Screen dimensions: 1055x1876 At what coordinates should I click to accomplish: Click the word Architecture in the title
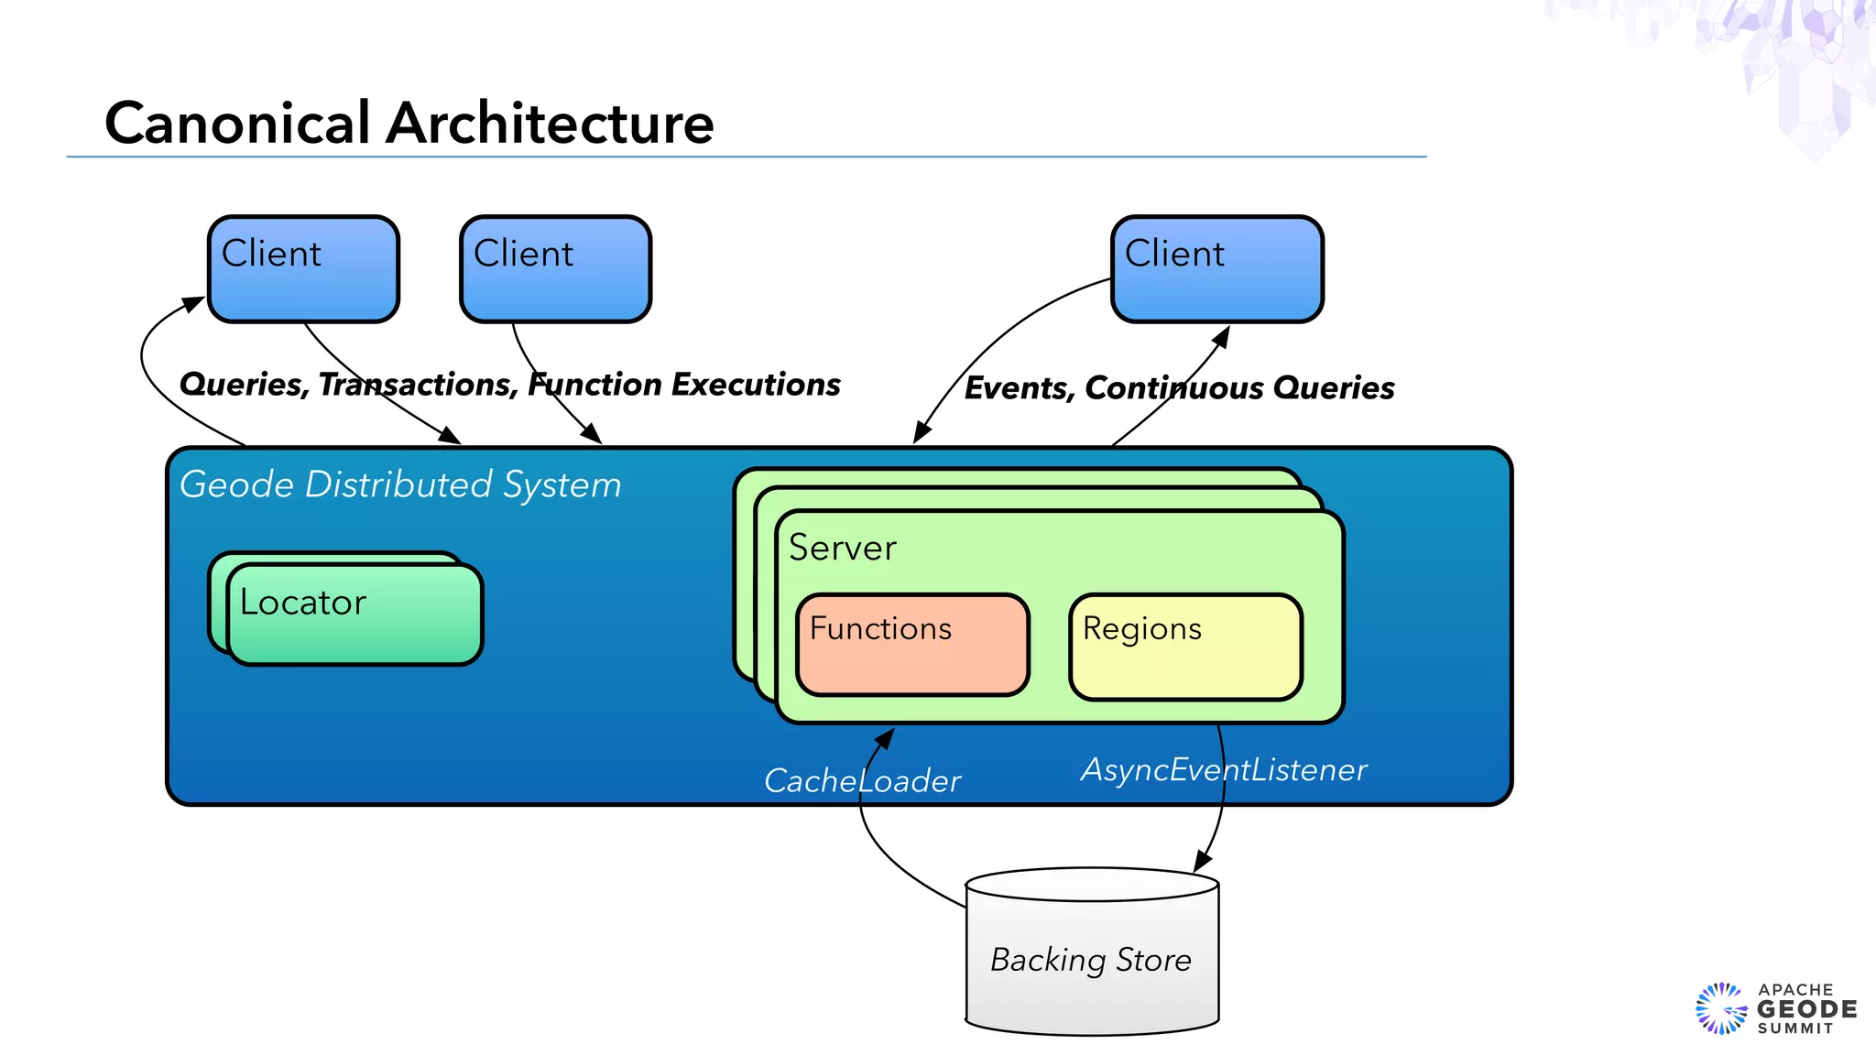point(550,124)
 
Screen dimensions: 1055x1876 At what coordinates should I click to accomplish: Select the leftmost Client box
point(303,269)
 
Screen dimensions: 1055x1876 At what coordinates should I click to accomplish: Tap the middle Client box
point(555,269)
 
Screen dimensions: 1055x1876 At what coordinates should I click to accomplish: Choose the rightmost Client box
point(1216,269)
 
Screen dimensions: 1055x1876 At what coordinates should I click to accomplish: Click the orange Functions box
point(912,645)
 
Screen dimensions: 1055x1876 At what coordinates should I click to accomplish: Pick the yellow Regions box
point(1185,647)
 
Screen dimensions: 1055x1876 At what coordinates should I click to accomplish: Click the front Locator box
point(354,614)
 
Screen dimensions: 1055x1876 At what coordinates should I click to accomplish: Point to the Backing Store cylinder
point(1092,957)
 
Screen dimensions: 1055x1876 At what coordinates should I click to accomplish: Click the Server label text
point(842,548)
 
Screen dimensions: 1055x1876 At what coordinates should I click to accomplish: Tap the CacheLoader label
point(861,781)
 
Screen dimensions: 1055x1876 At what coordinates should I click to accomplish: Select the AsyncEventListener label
point(1224,769)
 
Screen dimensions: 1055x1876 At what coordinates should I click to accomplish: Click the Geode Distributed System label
point(400,484)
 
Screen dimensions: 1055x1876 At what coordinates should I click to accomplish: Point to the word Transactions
point(418,385)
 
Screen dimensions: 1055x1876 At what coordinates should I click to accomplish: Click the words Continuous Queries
point(1238,388)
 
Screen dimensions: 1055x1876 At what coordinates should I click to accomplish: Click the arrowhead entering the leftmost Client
point(195,303)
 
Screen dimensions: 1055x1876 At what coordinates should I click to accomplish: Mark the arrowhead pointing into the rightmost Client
point(1222,335)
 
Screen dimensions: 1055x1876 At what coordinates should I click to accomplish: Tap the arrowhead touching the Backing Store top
point(1202,863)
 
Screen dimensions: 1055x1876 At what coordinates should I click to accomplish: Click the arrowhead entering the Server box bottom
point(886,736)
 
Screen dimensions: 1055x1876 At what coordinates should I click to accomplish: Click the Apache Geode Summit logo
point(1775,1008)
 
